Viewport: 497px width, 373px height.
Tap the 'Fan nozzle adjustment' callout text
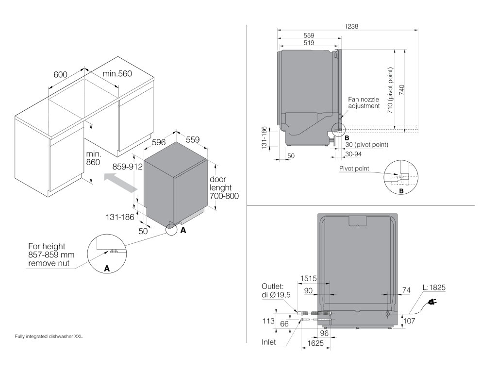[x=363, y=102]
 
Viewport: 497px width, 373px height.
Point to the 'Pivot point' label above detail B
[x=355, y=169]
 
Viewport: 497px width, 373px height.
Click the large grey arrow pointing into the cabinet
[x=119, y=183]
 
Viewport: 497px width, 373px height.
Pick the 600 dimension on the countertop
[x=60, y=74]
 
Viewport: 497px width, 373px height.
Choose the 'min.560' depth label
[x=117, y=73]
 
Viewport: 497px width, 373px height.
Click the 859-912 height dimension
[x=127, y=167]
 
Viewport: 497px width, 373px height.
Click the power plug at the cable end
[x=431, y=304]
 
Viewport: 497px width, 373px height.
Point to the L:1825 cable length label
[x=433, y=288]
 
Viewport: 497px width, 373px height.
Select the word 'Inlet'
[x=268, y=342]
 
